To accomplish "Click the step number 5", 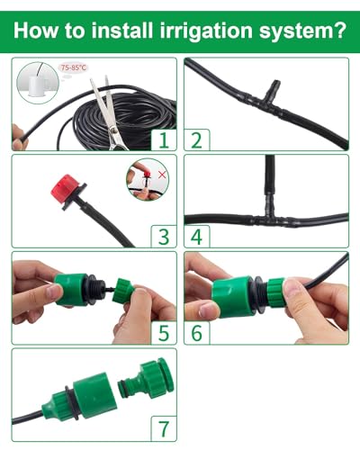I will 163,333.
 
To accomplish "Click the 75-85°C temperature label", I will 73,67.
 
